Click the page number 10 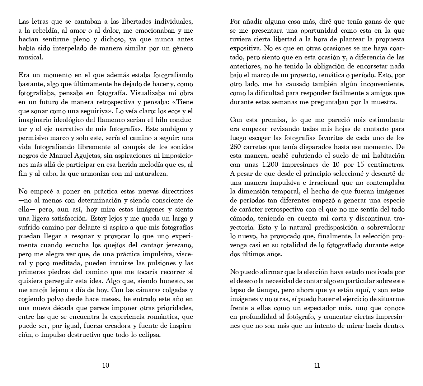[106, 365]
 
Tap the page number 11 [317, 365]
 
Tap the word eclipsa [148, 335]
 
